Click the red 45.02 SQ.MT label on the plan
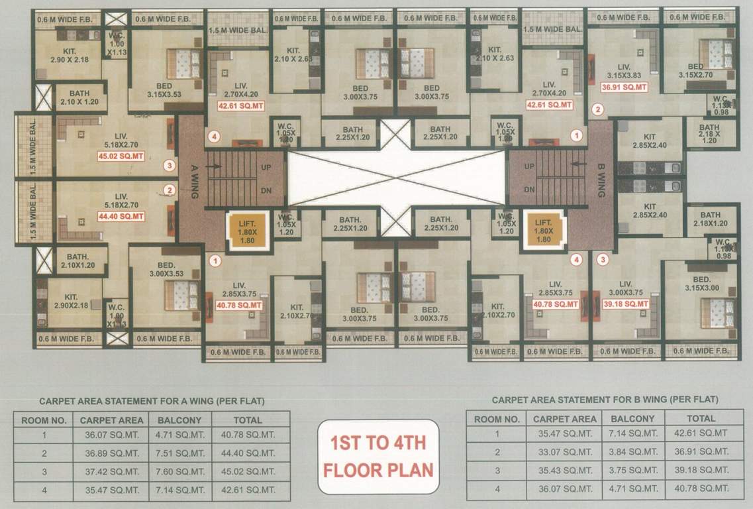tap(121, 156)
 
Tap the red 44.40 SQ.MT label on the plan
tap(121, 216)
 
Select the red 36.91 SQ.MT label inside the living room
tap(623, 86)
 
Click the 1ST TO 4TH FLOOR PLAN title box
tap(378, 456)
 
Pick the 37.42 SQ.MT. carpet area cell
tap(111, 472)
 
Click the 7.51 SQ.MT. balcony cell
tap(179, 453)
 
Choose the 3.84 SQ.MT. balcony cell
tap(632, 452)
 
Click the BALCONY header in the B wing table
tap(632, 419)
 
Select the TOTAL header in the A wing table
tap(248, 420)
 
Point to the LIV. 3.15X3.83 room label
tap(623, 71)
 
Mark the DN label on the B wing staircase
tap(529, 190)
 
